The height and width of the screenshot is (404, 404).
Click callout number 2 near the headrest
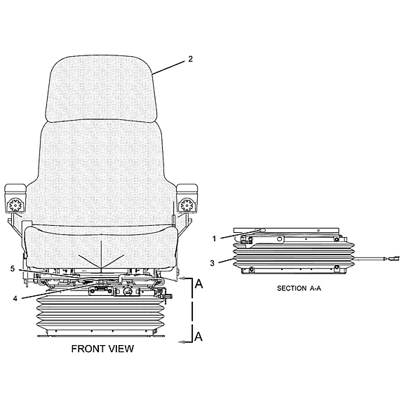pyautogui.click(x=190, y=59)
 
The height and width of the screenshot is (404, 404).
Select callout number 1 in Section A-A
pyautogui.click(x=214, y=239)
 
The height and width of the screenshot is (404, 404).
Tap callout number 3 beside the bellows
pyautogui.click(x=212, y=263)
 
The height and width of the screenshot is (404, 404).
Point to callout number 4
pyautogui.click(x=15, y=298)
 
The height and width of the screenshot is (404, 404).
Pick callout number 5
pyautogui.click(x=13, y=269)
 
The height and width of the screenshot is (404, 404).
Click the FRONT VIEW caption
pyautogui.click(x=102, y=349)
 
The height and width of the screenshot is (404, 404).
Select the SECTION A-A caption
pyautogui.click(x=299, y=288)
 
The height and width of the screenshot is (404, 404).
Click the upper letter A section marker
pyautogui.click(x=198, y=283)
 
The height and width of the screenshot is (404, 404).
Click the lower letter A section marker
pyautogui.click(x=198, y=336)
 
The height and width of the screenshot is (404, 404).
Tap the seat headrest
pyautogui.click(x=101, y=88)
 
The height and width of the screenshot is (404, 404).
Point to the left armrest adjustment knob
pyautogui.click(x=15, y=205)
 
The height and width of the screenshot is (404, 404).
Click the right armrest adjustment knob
pyautogui.click(x=187, y=205)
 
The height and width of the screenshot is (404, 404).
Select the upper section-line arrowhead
pyautogui.click(x=182, y=278)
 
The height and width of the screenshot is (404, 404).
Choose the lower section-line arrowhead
pyautogui.click(x=182, y=342)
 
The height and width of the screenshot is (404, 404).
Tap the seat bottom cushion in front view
pyautogui.click(x=101, y=246)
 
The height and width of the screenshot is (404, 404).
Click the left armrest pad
pyautogui.click(x=15, y=189)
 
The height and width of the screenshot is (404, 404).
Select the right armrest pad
pyautogui.click(x=187, y=189)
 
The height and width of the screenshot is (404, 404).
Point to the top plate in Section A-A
pyautogui.click(x=286, y=230)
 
